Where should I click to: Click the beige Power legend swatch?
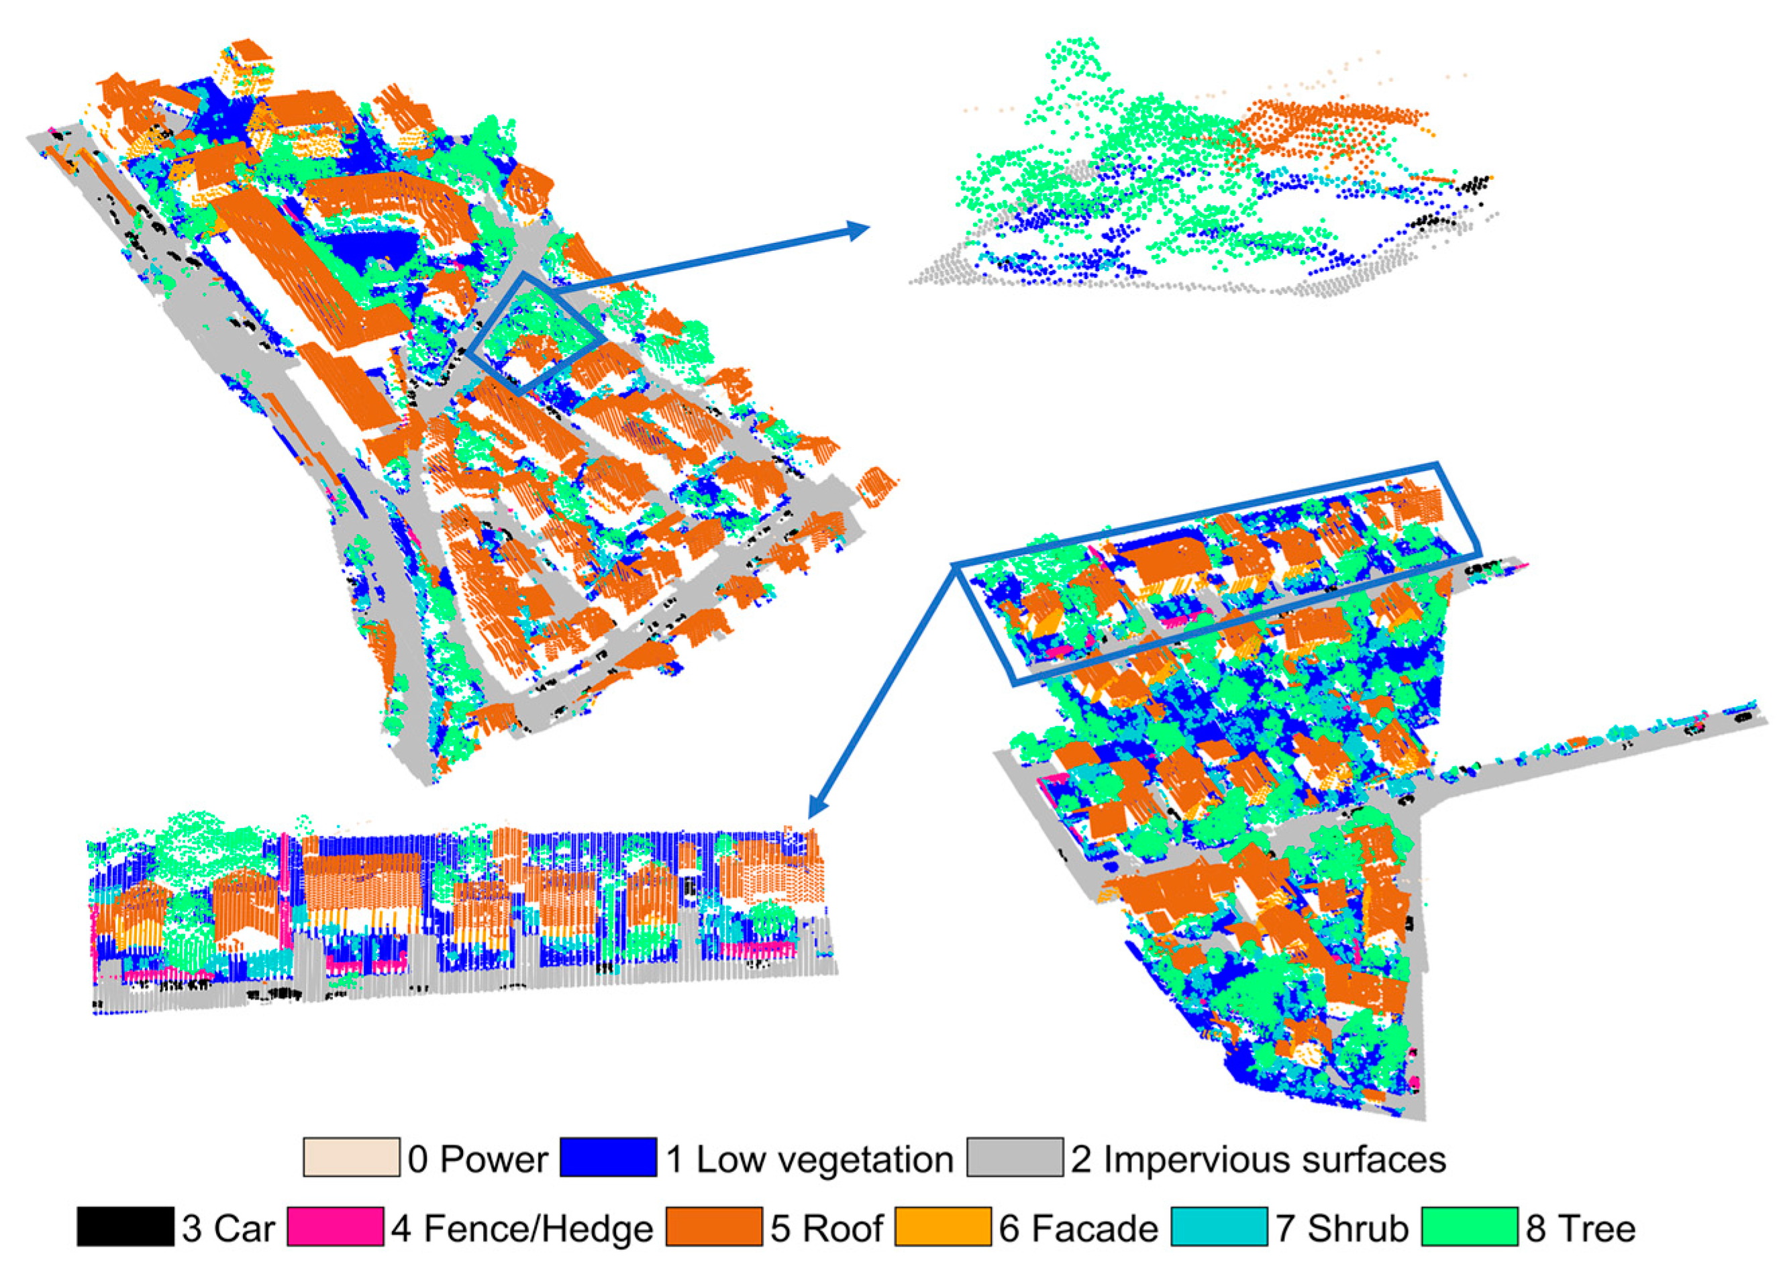351,1158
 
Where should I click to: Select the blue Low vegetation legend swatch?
607,1158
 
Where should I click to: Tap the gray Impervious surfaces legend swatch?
1014,1158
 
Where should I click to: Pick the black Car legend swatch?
125,1227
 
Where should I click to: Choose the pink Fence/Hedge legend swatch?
335,1227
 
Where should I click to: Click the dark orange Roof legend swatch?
713,1227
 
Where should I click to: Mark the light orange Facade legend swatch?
943,1227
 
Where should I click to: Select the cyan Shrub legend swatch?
1219,1227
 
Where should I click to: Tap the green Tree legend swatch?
1469,1227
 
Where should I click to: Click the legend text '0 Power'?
477,1159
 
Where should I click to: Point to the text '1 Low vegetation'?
809,1159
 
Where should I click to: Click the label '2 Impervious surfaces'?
1258,1159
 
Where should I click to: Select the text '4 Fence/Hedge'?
522,1228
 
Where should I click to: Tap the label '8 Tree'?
1580,1228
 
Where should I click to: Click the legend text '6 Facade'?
1078,1228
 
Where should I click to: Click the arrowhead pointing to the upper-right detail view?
860,229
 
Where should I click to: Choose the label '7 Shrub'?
1342,1228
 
